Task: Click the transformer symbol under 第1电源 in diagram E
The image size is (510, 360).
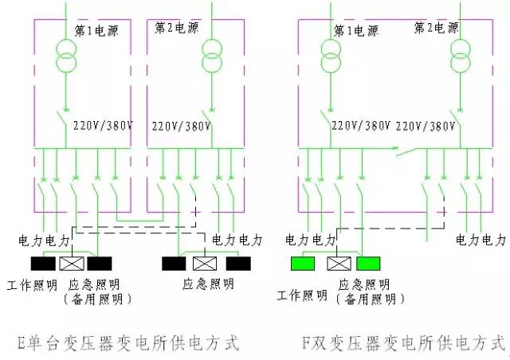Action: (x=66, y=56)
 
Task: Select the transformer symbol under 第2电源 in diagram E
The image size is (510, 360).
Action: (x=212, y=56)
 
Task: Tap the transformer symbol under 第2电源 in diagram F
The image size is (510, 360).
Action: (x=461, y=56)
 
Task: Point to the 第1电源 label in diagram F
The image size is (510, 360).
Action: (x=356, y=31)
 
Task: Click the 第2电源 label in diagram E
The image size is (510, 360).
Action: (x=176, y=28)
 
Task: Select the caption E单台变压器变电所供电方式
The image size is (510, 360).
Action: (x=128, y=343)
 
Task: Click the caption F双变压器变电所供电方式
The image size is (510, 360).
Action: (x=403, y=343)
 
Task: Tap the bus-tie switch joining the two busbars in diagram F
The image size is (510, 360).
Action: (x=406, y=151)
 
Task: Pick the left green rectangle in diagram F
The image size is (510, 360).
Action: (x=303, y=264)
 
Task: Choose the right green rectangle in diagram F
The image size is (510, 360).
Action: (x=368, y=264)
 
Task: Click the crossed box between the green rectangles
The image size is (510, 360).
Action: (x=339, y=264)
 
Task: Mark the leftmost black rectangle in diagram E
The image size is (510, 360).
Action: (x=43, y=264)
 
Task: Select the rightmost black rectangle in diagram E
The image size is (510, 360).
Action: (x=238, y=264)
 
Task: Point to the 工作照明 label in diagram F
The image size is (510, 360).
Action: (x=302, y=295)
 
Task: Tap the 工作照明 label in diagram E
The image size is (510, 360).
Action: (x=32, y=285)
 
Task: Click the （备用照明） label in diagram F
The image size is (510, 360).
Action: (x=371, y=299)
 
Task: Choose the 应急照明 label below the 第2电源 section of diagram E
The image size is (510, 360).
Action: (x=208, y=284)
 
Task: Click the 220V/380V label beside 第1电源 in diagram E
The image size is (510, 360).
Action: (x=103, y=126)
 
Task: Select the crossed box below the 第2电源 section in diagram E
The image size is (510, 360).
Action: (x=205, y=264)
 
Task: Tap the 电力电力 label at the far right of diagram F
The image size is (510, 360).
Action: (x=481, y=240)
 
